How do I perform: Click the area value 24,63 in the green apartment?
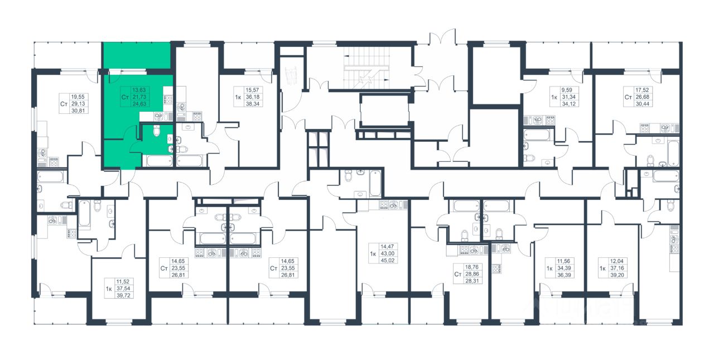coord(139,104)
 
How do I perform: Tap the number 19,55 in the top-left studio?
coord(78,97)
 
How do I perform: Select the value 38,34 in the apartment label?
coord(253,104)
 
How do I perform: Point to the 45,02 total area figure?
coord(388,261)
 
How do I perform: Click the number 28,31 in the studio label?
coord(472,281)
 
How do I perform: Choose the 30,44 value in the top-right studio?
coord(642,104)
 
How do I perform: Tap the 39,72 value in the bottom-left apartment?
coord(123,296)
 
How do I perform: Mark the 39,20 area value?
coord(617,275)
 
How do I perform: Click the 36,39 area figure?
coord(564,275)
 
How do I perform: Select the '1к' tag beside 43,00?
coord(373,254)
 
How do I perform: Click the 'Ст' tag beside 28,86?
coord(458,274)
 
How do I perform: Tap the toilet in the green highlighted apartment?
coord(157,131)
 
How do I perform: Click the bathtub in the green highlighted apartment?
coord(160,161)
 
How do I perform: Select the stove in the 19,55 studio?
coord(53,162)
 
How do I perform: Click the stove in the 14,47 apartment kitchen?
coord(384,205)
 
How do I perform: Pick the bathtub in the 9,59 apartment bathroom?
coord(537,135)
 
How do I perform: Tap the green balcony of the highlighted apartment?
coord(137,55)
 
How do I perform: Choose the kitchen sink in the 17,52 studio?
coord(665,128)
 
